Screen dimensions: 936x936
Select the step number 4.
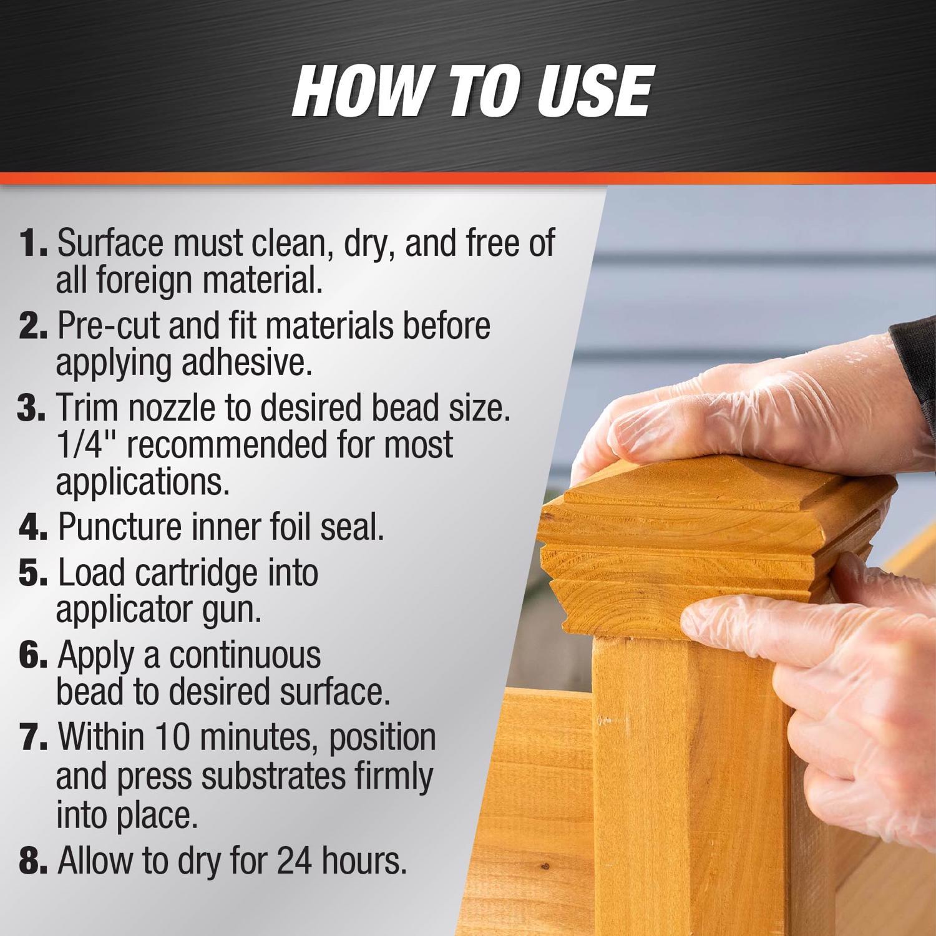(x=32, y=528)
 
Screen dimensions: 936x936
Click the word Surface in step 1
(x=111, y=243)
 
